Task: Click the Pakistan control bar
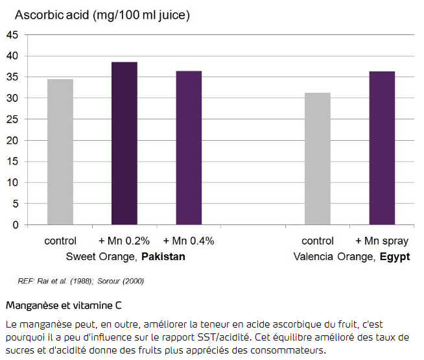click(x=60, y=152)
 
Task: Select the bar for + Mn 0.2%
click(x=124, y=144)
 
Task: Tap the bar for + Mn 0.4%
click(x=189, y=149)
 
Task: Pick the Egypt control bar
click(x=318, y=159)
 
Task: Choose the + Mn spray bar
click(x=382, y=149)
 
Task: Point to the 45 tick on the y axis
click(x=12, y=35)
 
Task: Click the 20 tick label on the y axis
click(x=12, y=141)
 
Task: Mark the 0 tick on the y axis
click(x=16, y=226)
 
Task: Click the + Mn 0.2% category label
click(x=124, y=241)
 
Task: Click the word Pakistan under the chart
click(x=163, y=256)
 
